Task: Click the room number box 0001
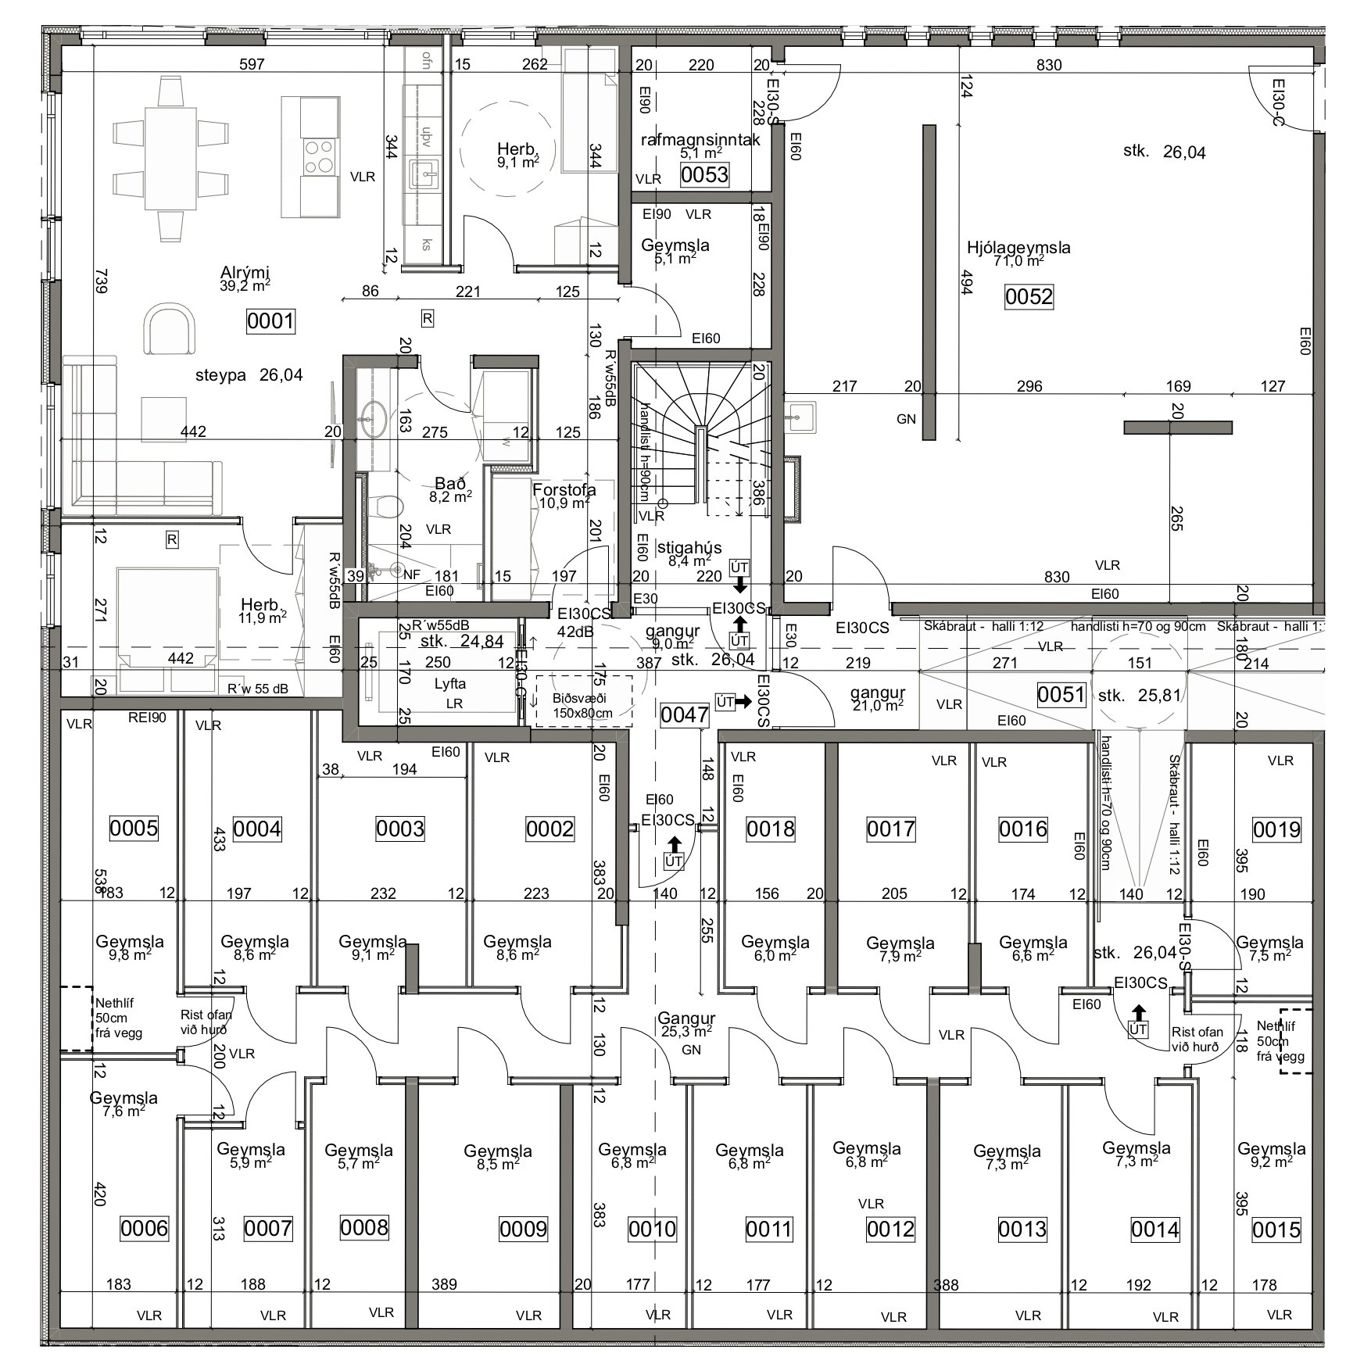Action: coord(270,321)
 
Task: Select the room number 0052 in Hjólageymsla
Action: coord(1029,297)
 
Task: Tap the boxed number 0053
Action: coord(704,175)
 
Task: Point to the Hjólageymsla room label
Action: coord(1018,248)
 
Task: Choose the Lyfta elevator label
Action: coord(449,683)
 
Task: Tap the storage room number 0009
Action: coord(524,1229)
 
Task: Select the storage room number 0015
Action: coord(1276,1230)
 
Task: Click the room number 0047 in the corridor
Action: coord(685,714)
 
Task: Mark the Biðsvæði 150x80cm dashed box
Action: coord(582,700)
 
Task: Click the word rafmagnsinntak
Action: coord(700,140)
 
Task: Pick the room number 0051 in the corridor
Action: coord(1061,694)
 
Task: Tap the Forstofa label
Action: coord(564,490)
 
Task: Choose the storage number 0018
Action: coord(770,829)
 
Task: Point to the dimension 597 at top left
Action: coord(252,64)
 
